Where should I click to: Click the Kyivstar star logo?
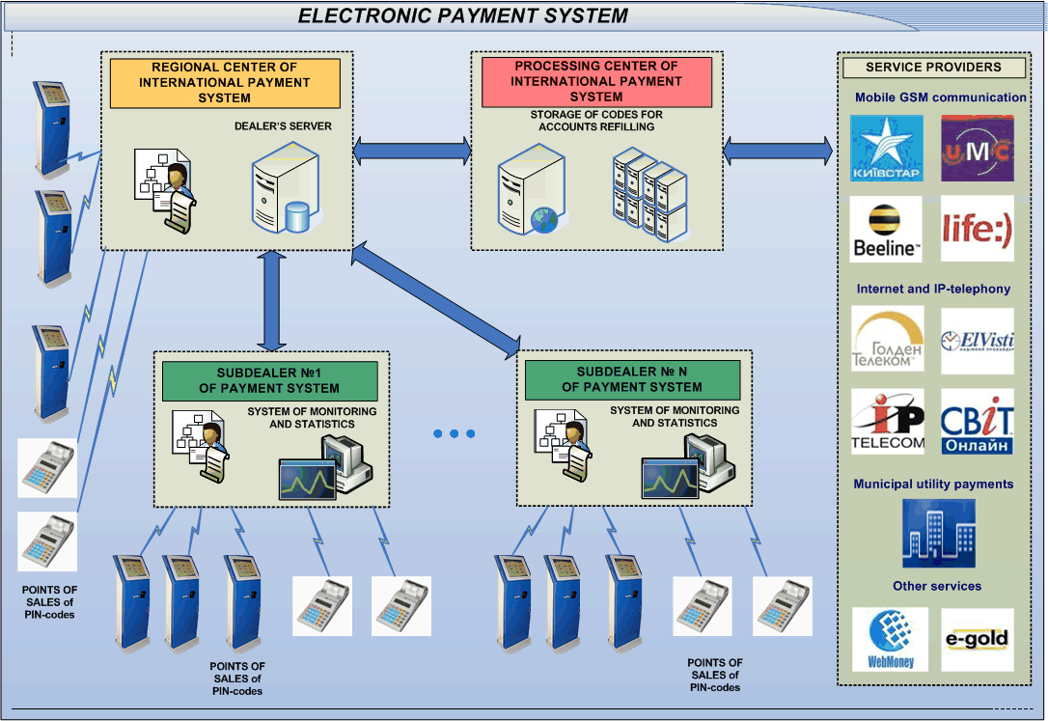pos(887,149)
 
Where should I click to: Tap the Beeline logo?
pos(887,229)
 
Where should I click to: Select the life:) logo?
pos(978,229)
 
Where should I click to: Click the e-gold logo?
pos(978,639)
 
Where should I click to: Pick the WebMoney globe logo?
pos(891,639)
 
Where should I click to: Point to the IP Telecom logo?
pos(887,422)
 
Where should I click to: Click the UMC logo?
pos(978,149)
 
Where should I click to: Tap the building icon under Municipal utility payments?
pos(938,533)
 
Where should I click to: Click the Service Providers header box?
pos(933,68)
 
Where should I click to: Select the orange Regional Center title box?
pos(224,83)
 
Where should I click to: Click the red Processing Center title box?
pos(595,82)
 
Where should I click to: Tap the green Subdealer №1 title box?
pos(269,380)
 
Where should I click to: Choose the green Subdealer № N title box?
pos(632,379)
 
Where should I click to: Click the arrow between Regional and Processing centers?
pos(412,150)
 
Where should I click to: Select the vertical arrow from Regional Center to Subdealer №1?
pos(272,300)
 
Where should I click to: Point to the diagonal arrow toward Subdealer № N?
pos(436,299)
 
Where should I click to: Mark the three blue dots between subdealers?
pos(454,434)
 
